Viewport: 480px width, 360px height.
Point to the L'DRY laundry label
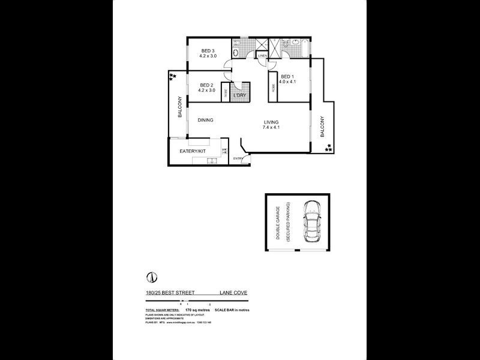click(240, 95)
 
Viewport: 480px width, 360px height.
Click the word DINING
click(206, 120)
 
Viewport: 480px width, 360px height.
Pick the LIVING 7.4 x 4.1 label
click(271, 125)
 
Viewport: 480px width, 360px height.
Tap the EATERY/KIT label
click(193, 151)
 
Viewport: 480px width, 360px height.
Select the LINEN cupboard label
click(263, 56)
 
